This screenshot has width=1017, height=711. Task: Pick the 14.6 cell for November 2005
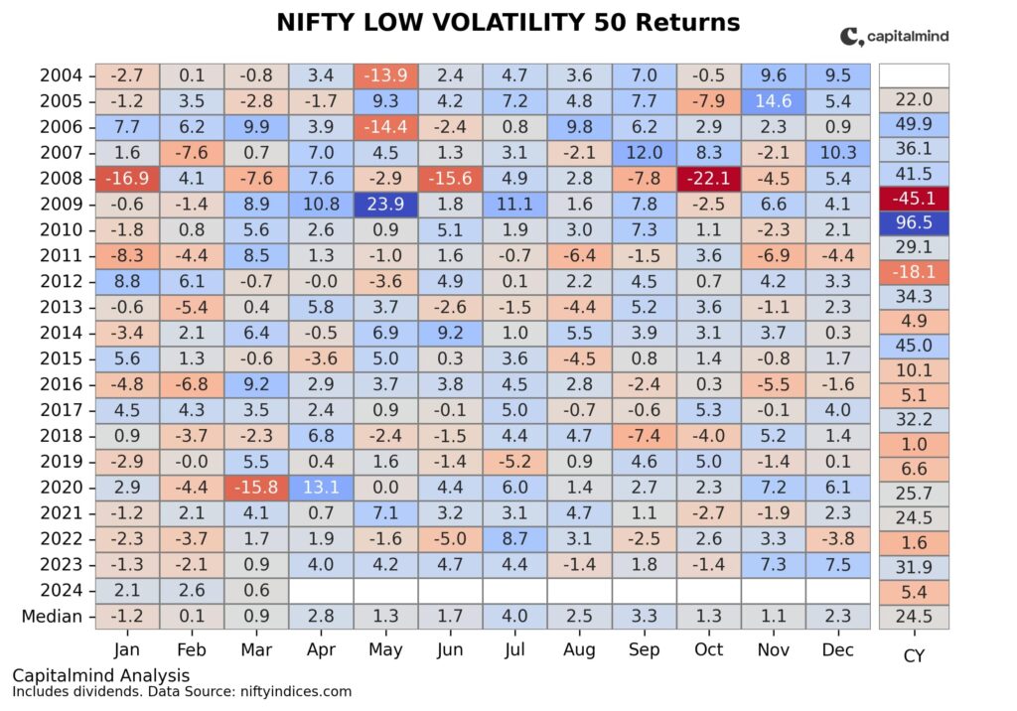click(x=774, y=99)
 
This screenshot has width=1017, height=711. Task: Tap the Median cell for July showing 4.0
click(x=514, y=616)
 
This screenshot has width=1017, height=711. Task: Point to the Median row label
click(x=52, y=616)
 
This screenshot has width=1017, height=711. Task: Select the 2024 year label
click(x=61, y=590)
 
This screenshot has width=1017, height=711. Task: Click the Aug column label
click(x=580, y=649)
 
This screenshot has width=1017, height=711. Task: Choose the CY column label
click(x=914, y=655)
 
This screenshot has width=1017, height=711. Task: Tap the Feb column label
click(x=191, y=649)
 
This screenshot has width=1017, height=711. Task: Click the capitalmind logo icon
click(x=851, y=37)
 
